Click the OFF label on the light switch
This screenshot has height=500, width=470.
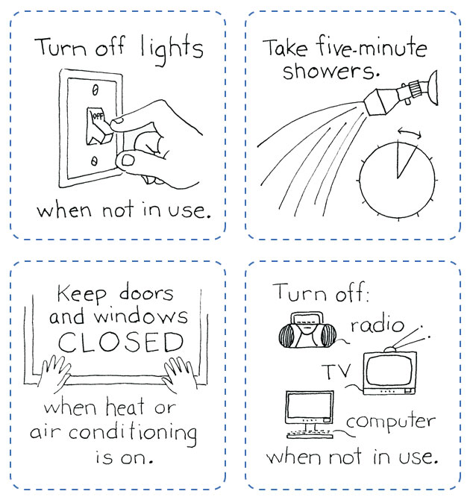click(96, 116)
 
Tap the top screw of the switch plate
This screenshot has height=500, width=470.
click(94, 90)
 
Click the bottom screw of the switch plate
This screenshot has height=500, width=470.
click(95, 160)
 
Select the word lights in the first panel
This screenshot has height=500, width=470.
click(172, 49)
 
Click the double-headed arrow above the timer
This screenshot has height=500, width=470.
click(409, 132)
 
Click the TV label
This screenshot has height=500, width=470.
click(336, 371)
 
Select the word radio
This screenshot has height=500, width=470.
click(377, 326)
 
